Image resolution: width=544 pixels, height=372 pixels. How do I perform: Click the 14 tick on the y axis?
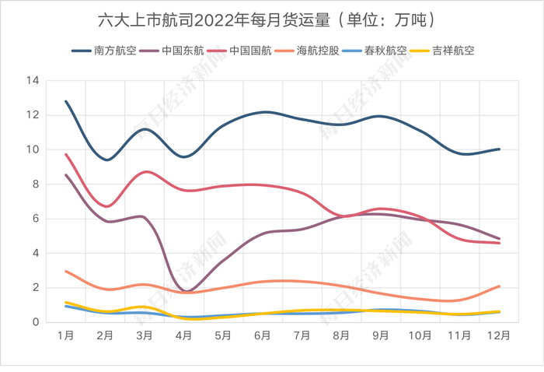point(33,80)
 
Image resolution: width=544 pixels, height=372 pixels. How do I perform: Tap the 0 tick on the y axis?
point(36,322)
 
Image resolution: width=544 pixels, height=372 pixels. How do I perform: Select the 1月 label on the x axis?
point(66,336)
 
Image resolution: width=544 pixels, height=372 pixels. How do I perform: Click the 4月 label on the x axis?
point(184,336)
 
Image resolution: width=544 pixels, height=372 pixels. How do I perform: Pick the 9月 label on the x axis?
point(381,336)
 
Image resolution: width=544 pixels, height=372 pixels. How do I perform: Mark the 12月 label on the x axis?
point(499,336)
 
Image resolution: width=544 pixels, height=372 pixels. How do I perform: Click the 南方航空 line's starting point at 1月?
point(66,101)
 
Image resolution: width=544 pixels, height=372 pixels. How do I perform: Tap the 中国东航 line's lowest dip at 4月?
point(185,291)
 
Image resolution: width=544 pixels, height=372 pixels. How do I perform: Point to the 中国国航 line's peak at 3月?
point(145,172)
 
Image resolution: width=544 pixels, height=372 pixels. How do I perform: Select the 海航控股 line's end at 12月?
point(499,286)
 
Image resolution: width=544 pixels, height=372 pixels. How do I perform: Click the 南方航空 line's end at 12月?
point(499,149)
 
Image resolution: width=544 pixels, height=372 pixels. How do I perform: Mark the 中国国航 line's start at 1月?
point(66,154)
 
